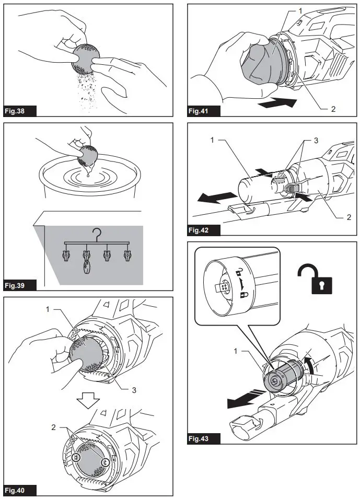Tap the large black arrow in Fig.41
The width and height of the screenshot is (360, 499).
(x=277, y=104)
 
